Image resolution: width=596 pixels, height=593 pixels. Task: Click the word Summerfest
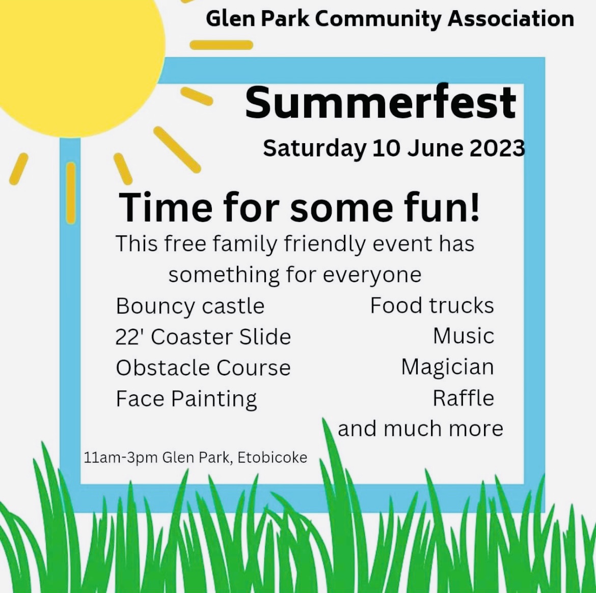[381, 102]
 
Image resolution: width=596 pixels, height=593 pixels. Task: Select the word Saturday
[315, 149]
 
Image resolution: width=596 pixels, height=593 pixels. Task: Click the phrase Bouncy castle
[190, 306]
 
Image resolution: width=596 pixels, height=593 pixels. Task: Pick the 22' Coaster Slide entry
[203, 337]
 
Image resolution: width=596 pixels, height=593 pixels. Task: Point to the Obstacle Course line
[203, 368]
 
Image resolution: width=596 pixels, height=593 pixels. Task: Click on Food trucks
[432, 305]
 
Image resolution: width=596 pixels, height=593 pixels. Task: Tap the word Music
[464, 336]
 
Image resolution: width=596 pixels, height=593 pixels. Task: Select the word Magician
[448, 368]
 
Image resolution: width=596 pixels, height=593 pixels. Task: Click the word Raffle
[464, 398]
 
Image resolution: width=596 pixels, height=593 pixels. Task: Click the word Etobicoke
[272, 457]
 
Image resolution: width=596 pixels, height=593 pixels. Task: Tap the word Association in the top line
[511, 19]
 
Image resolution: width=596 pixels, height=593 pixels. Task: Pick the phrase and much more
[420, 429]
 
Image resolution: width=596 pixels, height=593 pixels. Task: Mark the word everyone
[372, 275]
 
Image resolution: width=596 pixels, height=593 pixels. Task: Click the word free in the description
[185, 244]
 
